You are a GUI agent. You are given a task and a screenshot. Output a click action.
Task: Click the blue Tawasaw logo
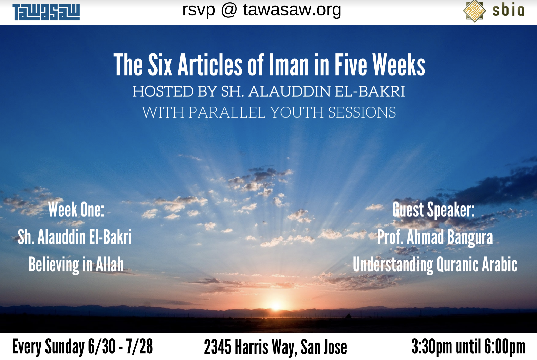click(x=46, y=12)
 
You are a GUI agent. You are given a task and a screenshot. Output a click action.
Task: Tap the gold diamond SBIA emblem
click(x=475, y=11)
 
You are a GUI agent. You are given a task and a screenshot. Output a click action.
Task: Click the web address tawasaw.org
click(x=292, y=10)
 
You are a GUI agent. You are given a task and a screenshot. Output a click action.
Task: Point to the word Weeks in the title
click(x=399, y=65)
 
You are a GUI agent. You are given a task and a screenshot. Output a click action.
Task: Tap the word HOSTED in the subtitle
click(x=163, y=91)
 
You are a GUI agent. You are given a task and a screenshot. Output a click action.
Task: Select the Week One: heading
click(x=76, y=210)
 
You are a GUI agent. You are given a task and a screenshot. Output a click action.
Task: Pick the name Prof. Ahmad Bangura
click(x=435, y=237)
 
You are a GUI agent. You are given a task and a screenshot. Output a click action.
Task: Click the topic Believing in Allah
click(x=76, y=265)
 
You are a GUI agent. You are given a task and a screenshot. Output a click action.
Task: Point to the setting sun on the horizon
click(x=276, y=306)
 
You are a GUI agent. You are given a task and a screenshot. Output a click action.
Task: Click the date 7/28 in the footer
click(x=140, y=346)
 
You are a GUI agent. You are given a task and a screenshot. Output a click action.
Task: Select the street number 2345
click(x=218, y=347)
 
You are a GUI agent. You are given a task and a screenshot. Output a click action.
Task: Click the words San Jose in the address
click(x=324, y=347)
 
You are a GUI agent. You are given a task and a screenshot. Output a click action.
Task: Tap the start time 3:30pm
click(x=432, y=346)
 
